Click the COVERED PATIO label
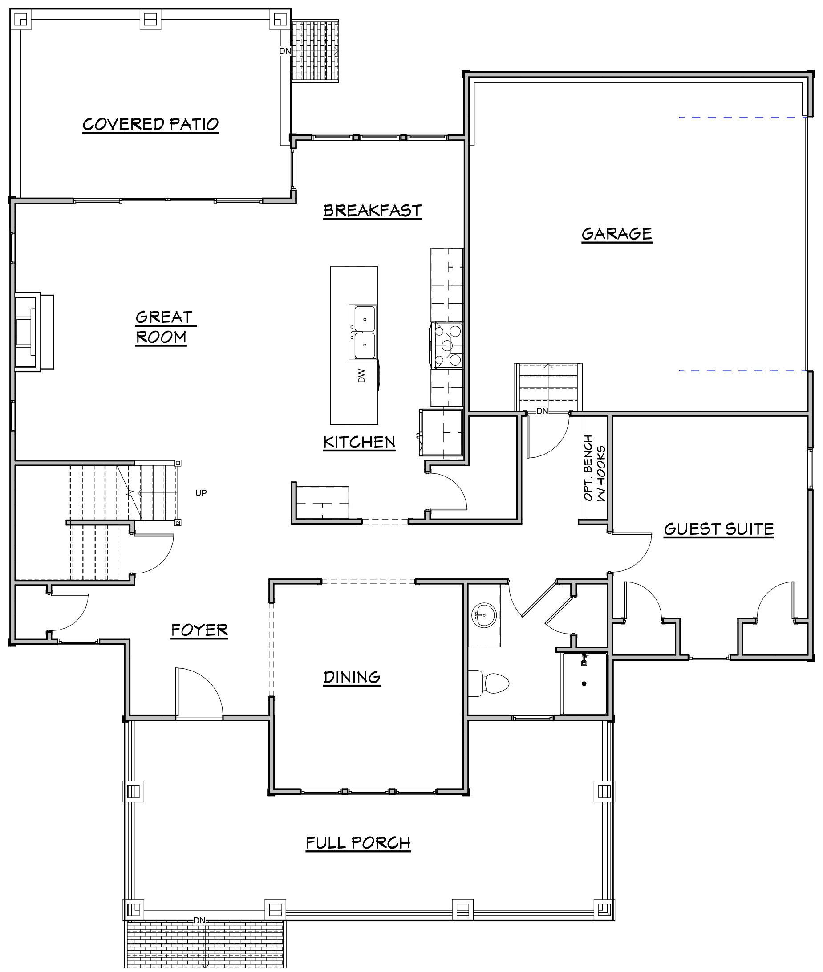[x=151, y=124]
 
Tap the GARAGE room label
[x=617, y=233]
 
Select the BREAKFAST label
[x=373, y=211]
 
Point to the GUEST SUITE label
[x=719, y=529]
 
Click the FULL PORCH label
[x=358, y=843]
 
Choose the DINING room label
[x=352, y=677]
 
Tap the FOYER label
[x=199, y=630]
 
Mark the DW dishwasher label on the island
[x=361, y=376]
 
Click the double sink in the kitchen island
[x=362, y=332]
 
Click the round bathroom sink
[x=485, y=615]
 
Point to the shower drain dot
[x=584, y=683]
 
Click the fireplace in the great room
[x=34, y=332]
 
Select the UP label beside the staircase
[x=201, y=493]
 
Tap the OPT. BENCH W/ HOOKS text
[x=594, y=468]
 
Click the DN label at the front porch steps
[x=199, y=921]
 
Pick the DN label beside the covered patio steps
[x=285, y=51]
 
